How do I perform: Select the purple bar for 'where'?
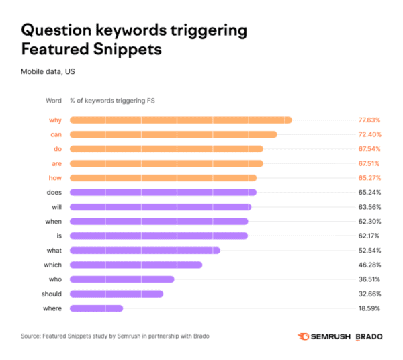tap(96, 308)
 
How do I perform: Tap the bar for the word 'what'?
tap(144, 251)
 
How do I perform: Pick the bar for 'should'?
tap(116, 294)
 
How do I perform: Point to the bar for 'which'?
tap(136, 265)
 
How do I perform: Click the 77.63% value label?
tap(368, 120)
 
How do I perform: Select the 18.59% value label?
tap(368, 308)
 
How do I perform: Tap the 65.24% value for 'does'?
tap(368, 192)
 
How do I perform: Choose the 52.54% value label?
tap(368, 251)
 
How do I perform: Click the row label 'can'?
tap(56, 134)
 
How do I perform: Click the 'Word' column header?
tap(53, 101)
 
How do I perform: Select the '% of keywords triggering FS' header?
tap(112, 101)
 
